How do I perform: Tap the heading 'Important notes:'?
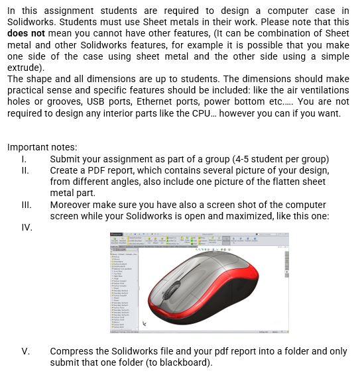pos(42,147)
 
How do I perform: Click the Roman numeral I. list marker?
pos(23,159)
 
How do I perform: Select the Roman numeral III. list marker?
pos(25,205)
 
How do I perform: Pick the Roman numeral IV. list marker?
pos(26,227)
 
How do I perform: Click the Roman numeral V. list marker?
pos(25,351)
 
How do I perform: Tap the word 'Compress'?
pos(74,351)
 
